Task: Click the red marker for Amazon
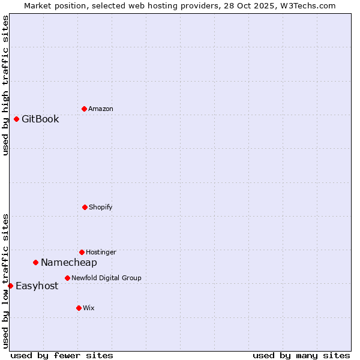[x=84, y=109]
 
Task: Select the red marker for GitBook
[x=16, y=119]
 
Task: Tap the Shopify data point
[x=85, y=207]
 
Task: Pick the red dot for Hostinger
[x=82, y=252]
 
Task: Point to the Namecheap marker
[x=35, y=262]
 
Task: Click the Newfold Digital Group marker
[x=67, y=278]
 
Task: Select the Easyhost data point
[x=10, y=286]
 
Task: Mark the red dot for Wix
[x=79, y=308]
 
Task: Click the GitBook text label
[x=40, y=119]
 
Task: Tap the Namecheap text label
[x=68, y=262]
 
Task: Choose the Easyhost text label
[x=37, y=286]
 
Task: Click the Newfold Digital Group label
[x=106, y=278]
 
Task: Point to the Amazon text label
[x=100, y=109]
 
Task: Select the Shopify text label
[x=100, y=207]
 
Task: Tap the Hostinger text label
[x=101, y=252]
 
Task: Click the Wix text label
[x=88, y=308]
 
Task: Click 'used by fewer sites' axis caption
[x=62, y=355]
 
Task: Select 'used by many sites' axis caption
[x=301, y=355]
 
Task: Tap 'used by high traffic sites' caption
[x=5, y=85]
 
